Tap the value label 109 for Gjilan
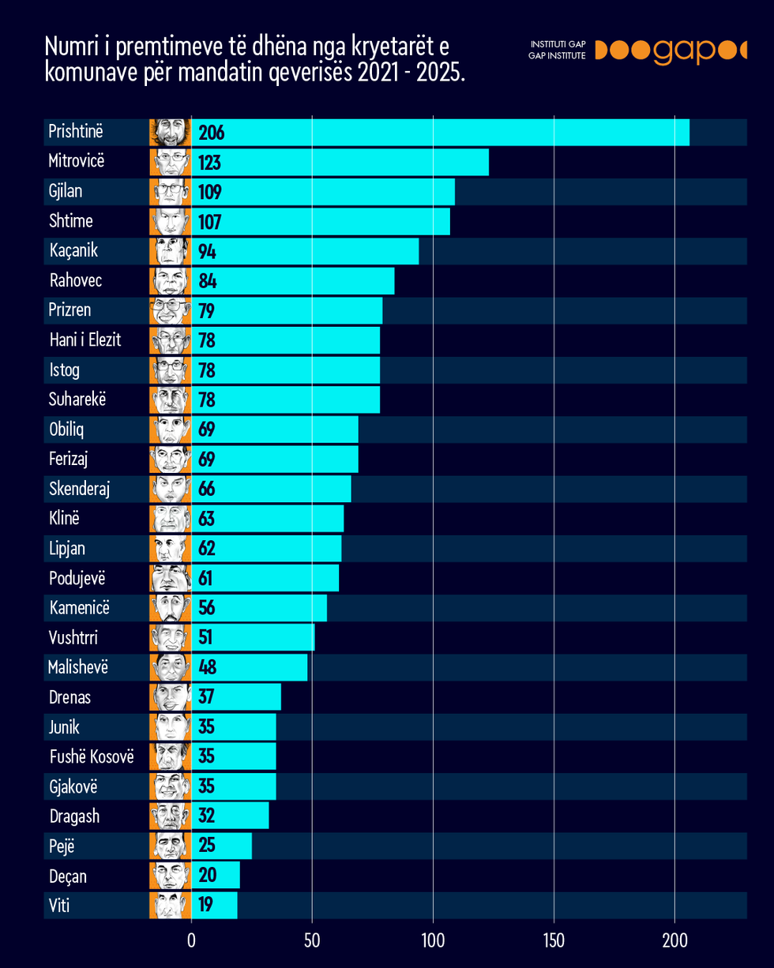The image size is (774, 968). click(212, 192)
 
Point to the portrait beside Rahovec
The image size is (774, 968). click(171, 280)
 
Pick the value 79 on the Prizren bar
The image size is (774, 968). click(207, 310)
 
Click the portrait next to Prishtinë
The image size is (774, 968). click(171, 132)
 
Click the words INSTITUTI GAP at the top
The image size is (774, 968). click(558, 45)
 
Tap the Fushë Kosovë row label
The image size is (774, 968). click(92, 756)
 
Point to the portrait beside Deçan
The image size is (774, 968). click(171, 876)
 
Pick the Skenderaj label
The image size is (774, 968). click(79, 489)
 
